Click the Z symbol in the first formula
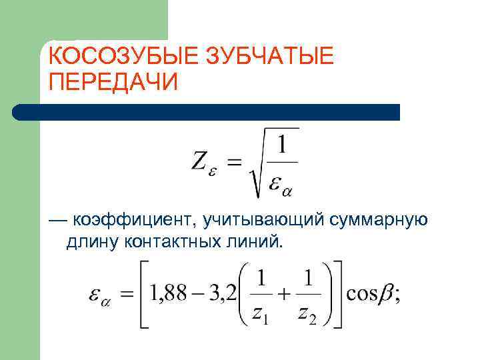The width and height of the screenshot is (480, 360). (x=199, y=162)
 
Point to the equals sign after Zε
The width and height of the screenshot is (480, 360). (x=234, y=163)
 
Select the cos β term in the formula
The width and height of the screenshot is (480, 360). (x=371, y=294)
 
